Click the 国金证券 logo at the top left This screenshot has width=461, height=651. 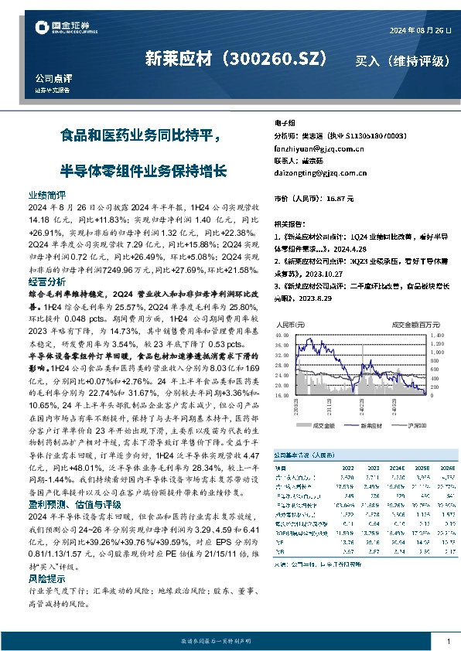coord(65,29)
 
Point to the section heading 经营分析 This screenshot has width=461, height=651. coord(47,282)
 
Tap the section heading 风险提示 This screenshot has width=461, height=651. coord(47,578)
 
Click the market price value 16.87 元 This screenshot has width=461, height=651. coord(340,199)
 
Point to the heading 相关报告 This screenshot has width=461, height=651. coord(292,220)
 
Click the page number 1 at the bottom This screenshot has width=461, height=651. coord(449,641)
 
